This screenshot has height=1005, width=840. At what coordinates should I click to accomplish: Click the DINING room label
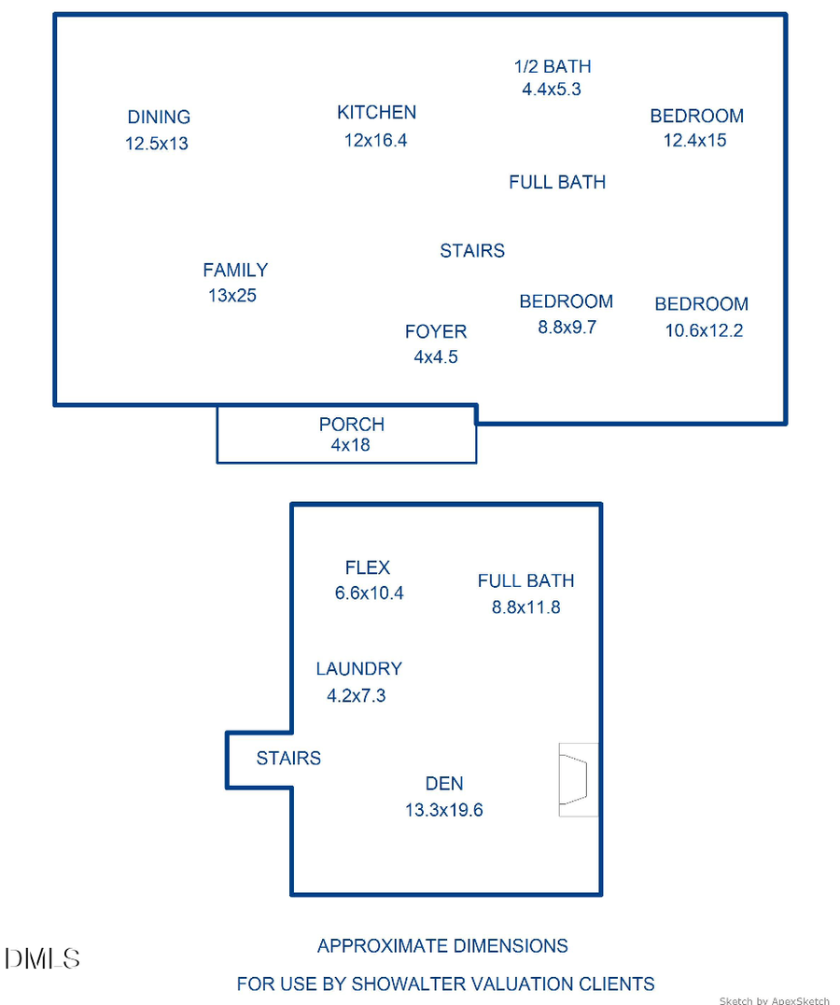click(x=159, y=118)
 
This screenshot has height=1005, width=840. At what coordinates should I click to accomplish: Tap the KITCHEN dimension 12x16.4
click(x=376, y=140)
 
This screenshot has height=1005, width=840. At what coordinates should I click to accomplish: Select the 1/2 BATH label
click(x=552, y=66)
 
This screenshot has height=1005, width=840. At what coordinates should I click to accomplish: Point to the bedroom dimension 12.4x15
click(x=695, y=141)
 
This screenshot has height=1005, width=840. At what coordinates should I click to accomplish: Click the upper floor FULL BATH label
click(x=557, y=182)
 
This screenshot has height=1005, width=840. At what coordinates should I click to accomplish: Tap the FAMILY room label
click(x=235, y=271)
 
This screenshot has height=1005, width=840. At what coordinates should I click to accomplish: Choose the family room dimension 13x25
click(x=232, y=296)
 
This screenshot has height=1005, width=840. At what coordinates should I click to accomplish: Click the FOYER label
click(x=436, y=332)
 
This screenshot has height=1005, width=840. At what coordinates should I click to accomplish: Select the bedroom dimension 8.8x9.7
click(x=567, y=328)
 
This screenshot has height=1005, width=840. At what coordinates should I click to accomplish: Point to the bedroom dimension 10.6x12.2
click(x=704, y=330)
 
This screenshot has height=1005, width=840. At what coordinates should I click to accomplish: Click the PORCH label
click(x=351, y=425)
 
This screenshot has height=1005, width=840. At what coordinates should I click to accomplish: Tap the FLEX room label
click(x=368, y=567)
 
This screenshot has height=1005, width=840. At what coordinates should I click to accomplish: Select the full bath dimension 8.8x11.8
click(x=526, y=607)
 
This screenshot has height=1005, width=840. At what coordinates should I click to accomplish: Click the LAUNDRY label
click(x=358, y=669)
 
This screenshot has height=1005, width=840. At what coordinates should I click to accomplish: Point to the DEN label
click(x=444, y=784)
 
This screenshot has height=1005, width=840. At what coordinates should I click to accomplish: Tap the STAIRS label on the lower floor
click(x=288, y=759)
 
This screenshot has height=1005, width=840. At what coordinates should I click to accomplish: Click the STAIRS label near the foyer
click(x=472, y=251)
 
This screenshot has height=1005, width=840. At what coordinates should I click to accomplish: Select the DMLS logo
click(x=42, y=958)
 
